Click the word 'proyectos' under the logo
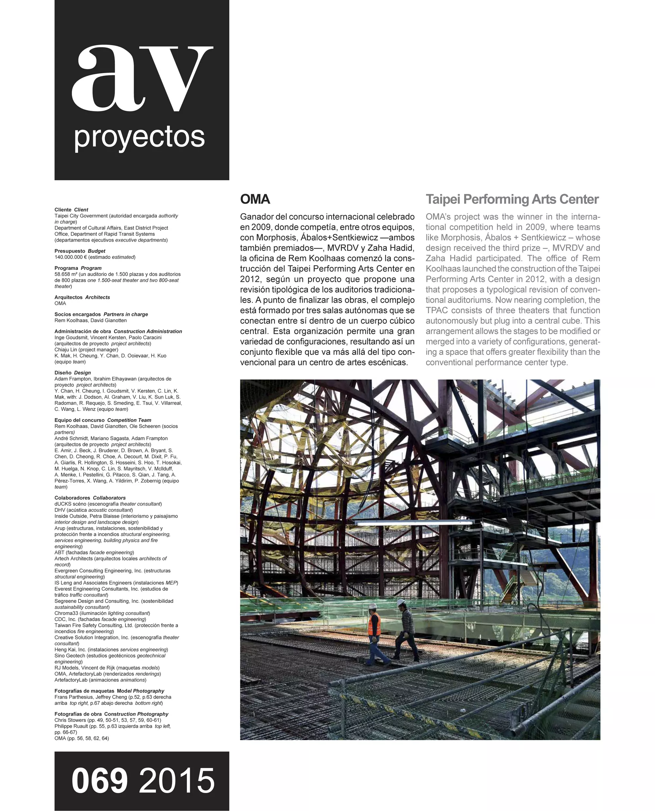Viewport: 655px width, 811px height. [x=139, y=137]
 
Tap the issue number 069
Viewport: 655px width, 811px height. [x=100, y=781]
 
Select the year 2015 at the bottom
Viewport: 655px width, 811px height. [x=177, y=781]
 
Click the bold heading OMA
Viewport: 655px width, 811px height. [x=255, y=199]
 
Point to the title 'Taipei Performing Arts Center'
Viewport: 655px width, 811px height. [x=512, y=199]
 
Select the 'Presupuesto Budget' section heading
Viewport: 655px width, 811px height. [x=80, y=251]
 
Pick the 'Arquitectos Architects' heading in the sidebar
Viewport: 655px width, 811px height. [x=82, y=298]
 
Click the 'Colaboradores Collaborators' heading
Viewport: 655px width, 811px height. [x=90, y=498]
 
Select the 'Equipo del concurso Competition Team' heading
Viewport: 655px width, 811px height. [x=103, y=420]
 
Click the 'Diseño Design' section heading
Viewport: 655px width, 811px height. [x=72, y=373]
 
